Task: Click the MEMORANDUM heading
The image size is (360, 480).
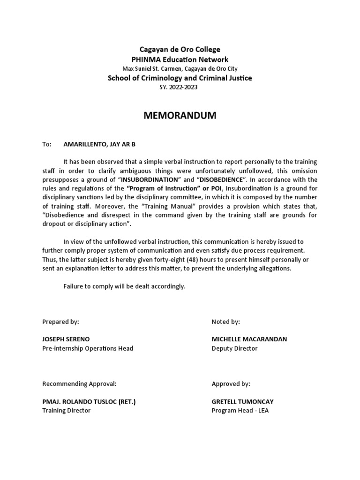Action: [180, 116]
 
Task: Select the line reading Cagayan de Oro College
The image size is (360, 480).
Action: [180, 49]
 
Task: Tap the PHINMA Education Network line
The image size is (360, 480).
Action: [180, 59]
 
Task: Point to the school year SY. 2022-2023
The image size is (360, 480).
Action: [180, 87]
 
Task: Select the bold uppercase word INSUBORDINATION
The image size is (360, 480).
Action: [150, 180]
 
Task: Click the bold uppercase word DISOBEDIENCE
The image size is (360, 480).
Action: [228, 180]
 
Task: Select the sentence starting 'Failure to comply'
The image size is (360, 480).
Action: [124, 286]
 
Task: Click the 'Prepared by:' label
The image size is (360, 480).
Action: [60, 322]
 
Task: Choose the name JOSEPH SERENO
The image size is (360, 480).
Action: [66, 339]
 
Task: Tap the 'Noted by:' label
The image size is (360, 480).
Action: [226, 322]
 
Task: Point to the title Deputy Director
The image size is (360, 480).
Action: [234, 348]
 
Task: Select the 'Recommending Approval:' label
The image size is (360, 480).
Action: [79, 383]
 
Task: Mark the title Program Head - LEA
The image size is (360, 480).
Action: [240, 410]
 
